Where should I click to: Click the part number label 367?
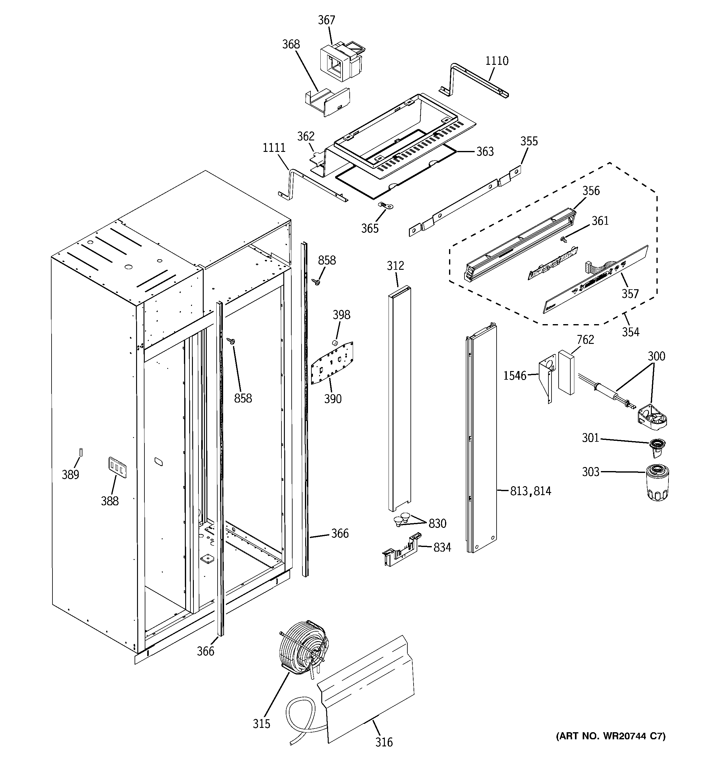(x=326, y=20)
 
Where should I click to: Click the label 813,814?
(x=531, y=491)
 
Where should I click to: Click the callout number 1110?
(x=497, y=61)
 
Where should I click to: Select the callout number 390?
(x=332, y=399)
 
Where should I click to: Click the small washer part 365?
(x=386, y=206)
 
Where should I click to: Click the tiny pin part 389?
(x=81, y=452)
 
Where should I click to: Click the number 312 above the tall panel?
(x=395, y=265)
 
